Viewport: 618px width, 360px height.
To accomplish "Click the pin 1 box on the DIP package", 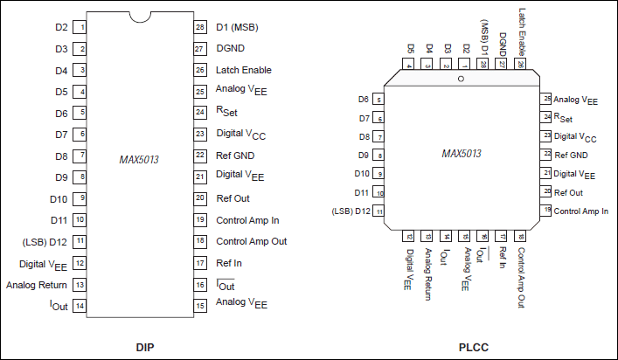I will pos(80,27).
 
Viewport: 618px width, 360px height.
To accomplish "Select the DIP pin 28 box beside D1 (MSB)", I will pos(200,27).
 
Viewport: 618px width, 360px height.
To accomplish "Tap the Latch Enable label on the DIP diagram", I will pos(244,70).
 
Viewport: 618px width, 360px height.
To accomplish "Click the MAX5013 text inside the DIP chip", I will pos(140,160).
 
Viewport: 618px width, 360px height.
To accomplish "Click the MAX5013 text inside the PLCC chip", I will pos(462,153).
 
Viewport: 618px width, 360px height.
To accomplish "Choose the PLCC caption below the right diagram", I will pos(474,348).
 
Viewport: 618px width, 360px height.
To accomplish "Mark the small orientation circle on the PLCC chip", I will pos(462,80).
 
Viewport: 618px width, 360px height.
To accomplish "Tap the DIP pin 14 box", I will pos(80,305).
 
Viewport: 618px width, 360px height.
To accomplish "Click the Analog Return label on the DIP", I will pos(37,284).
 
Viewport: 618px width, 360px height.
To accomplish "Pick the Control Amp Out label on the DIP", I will pos(251,241).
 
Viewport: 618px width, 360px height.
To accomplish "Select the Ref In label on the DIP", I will pos(230,262).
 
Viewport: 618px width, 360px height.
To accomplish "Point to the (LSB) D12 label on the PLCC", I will pos(351,211).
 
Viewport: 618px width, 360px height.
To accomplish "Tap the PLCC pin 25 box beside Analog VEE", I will pos(546,99).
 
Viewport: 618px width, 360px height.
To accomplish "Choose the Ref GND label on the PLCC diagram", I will pos(572,155).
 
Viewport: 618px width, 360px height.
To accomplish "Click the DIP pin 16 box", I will pos(200,284).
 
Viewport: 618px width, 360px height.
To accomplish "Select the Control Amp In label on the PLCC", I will pos(581,211).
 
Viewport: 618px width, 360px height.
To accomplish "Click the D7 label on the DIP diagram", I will pos(61,135).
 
